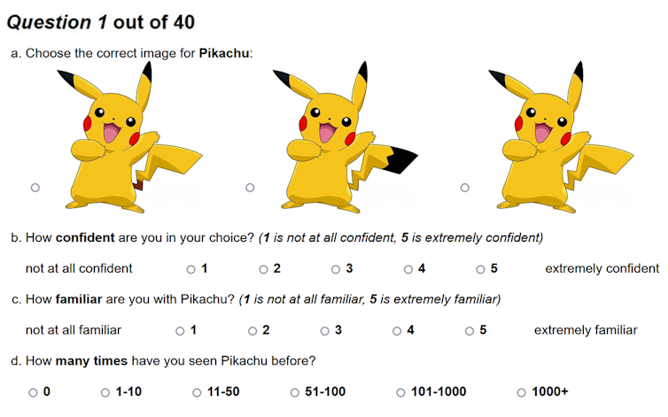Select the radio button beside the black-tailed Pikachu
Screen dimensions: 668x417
(x=250, y=188)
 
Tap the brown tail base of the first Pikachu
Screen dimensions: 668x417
(x=137, y=185)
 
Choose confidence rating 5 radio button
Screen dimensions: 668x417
(x=480, y=269)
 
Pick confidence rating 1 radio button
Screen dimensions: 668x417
(x=190, y=269)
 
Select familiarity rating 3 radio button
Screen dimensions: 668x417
(x=324, y=331)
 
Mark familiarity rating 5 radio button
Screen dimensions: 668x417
(x=470, y=331)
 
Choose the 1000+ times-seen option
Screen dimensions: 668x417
(x=522, y=392)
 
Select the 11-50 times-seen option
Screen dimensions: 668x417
(x=197, y=392)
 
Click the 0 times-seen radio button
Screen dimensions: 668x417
(x=33, y=392)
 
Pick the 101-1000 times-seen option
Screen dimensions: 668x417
(x=400, y=392)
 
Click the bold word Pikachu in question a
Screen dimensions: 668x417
(x=224, y=53)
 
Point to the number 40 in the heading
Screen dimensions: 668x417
(x=184, y=22)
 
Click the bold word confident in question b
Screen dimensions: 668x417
(x=85, y=237)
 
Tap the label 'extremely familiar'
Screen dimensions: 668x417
(x=586, y=330)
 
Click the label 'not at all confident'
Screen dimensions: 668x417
(x=79, y=268)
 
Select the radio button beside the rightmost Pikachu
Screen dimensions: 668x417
(x=465, y=188)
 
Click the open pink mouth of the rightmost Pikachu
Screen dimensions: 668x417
(x=542, y=132)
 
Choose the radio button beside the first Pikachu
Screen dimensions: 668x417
(x=35, y=188)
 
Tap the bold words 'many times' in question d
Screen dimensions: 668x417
(x=91, y=361)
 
